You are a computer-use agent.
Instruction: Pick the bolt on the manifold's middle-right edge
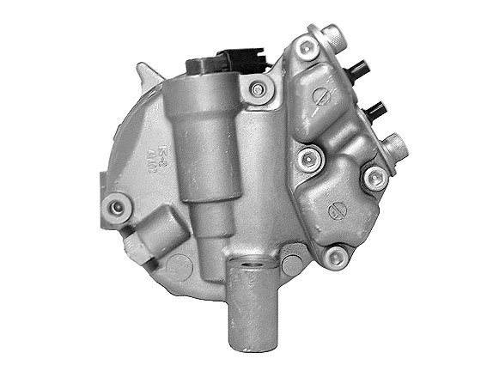[373, 178]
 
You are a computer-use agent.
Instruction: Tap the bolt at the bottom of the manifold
[338, 254]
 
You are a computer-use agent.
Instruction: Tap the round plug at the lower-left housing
[178, 265]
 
